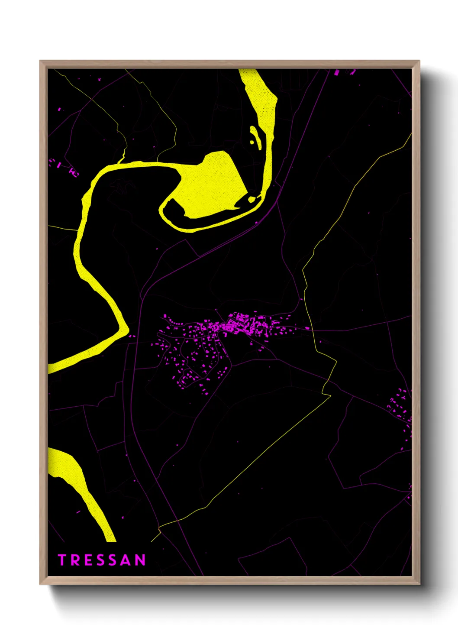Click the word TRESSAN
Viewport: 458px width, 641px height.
tap(102, 560)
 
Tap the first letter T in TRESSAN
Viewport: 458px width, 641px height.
tap(62, 560)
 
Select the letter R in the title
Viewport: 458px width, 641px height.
tap(74, 560)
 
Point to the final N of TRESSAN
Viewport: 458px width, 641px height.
tap(140, 560)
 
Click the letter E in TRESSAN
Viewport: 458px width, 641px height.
tap(87, 560)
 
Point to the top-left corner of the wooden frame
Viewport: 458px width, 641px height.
tap(40, 61)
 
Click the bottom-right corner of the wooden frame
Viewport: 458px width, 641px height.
tap(419, 584)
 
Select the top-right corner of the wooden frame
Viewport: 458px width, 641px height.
tap(419, 61)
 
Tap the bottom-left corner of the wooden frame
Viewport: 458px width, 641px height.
tap(40, 584)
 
